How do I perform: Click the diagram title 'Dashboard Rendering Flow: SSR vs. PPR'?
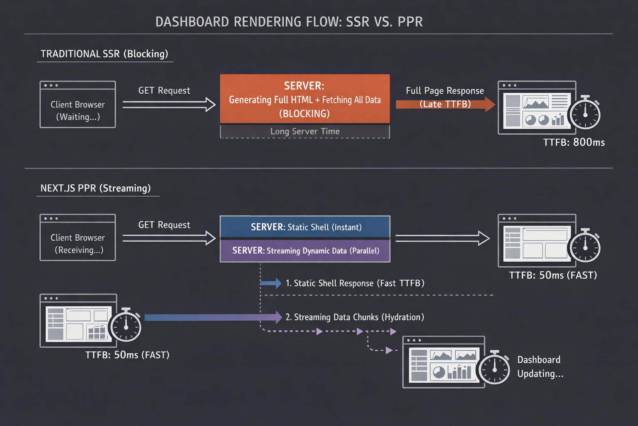tap(289, 22)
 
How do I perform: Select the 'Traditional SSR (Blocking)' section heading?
tap(104, 54)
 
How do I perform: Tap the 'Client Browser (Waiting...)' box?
tap(78, 104)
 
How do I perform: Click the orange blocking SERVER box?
tap(305, 99)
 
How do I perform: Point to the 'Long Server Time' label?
tap(305, 131)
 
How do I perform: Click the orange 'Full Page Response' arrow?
tap(445, 104)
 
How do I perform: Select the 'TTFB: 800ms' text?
tap(574, 142)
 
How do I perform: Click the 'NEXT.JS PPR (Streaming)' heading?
tap(96, 188)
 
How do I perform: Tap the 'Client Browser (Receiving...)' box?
tap(78, 238)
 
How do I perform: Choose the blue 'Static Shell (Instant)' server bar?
tap(305, 227)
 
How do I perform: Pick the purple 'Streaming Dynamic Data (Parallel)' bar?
tap(305, 250)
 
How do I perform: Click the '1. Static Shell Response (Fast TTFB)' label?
tap(355, 283)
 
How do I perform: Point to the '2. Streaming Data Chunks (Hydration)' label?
tap(355, 317)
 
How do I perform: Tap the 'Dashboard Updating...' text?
tap(540, 367)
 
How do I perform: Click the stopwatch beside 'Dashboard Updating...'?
tap(494, 368)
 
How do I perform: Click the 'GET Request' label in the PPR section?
tap(164, 225)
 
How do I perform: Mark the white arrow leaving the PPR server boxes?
tap(442, 238)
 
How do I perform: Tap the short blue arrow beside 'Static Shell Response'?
tap(271, 283)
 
